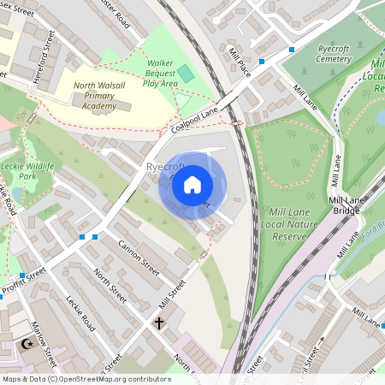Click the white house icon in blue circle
pyautogui.click(x=192, y=185)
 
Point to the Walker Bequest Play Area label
pyautogui.click(x=160, y=73)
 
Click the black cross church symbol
pyautogui.click(x=158, y=323)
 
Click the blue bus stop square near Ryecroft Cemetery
pyautogui.click(x=292, y=49)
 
